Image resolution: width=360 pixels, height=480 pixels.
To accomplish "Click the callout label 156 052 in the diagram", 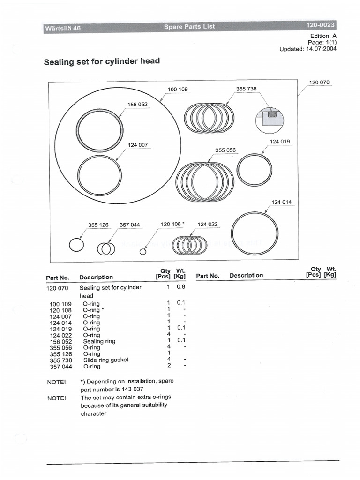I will pos(137,105).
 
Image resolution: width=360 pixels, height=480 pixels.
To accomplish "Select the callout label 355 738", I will pos(247,89).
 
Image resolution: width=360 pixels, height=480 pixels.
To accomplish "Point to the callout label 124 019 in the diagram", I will pos(280,142).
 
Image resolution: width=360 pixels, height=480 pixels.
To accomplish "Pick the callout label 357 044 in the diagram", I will pos(130,225).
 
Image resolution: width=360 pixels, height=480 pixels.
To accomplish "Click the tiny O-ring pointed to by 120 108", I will pos(143,252).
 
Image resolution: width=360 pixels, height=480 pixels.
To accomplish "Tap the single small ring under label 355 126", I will pos(76,245).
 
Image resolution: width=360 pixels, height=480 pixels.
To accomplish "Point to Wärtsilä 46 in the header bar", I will pos(63,28).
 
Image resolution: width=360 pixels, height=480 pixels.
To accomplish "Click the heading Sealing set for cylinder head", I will pos(102,61).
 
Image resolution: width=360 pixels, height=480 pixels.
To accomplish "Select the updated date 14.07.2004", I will pos(321,49).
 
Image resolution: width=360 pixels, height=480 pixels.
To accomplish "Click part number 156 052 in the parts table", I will pos(60,341).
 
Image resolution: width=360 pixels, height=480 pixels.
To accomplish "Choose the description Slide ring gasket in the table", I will pos(106,360).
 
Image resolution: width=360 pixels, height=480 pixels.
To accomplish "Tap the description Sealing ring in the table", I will pos(99,341).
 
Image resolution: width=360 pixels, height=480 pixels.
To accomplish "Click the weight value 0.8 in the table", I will pos(181,287).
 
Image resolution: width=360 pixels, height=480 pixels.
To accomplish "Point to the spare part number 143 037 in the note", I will pos(133,389).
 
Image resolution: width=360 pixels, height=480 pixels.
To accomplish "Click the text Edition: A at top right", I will pos(323,35).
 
